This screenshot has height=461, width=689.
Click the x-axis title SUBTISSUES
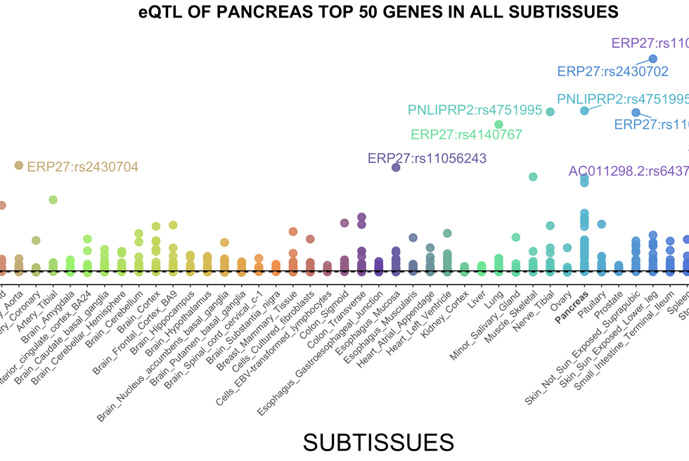(378, 442)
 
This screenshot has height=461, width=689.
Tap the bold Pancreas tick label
(572, 302)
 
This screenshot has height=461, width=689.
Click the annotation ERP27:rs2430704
(82, 167)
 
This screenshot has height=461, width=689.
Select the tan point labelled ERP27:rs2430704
(19, 166)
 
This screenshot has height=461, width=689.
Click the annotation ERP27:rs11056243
(427, 158)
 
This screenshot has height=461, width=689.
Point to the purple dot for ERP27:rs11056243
(396, 167)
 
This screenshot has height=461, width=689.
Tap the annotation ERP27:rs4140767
(466, 135)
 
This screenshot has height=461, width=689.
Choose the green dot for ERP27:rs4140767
(499, 124)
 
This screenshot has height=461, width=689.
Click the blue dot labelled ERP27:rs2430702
(652, 59)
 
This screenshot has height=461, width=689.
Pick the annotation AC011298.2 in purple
(628, 171)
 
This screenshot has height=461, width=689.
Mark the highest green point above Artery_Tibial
(53, 200)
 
